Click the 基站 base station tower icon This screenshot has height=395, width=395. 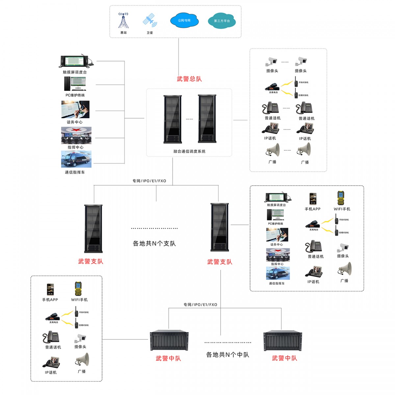(123, 21)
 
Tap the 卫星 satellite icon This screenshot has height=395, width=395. (150, 20)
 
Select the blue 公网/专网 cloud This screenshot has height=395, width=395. (184, 20)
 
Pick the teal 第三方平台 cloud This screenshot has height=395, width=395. (222, 21)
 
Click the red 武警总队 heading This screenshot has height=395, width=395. (189, 79)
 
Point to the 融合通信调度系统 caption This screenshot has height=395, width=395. (189, 151)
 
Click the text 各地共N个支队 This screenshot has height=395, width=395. (154, 244)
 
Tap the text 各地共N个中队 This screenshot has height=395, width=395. (227, 355)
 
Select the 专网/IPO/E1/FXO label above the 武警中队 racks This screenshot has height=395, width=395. (200, 305)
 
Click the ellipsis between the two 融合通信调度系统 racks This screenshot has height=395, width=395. (189, 119)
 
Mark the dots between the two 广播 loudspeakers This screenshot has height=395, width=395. (287, 150)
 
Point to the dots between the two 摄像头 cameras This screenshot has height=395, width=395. (285, 62)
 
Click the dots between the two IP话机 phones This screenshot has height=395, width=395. (287, 129)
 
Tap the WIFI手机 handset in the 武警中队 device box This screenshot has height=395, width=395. (78, 289)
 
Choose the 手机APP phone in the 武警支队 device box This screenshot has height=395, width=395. (313, 199)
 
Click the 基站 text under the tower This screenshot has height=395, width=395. (123, 33)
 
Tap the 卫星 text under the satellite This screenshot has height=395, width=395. (150, 33)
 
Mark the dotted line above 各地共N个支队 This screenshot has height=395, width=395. (154, 228)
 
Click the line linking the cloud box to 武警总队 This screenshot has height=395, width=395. (179, 56)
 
